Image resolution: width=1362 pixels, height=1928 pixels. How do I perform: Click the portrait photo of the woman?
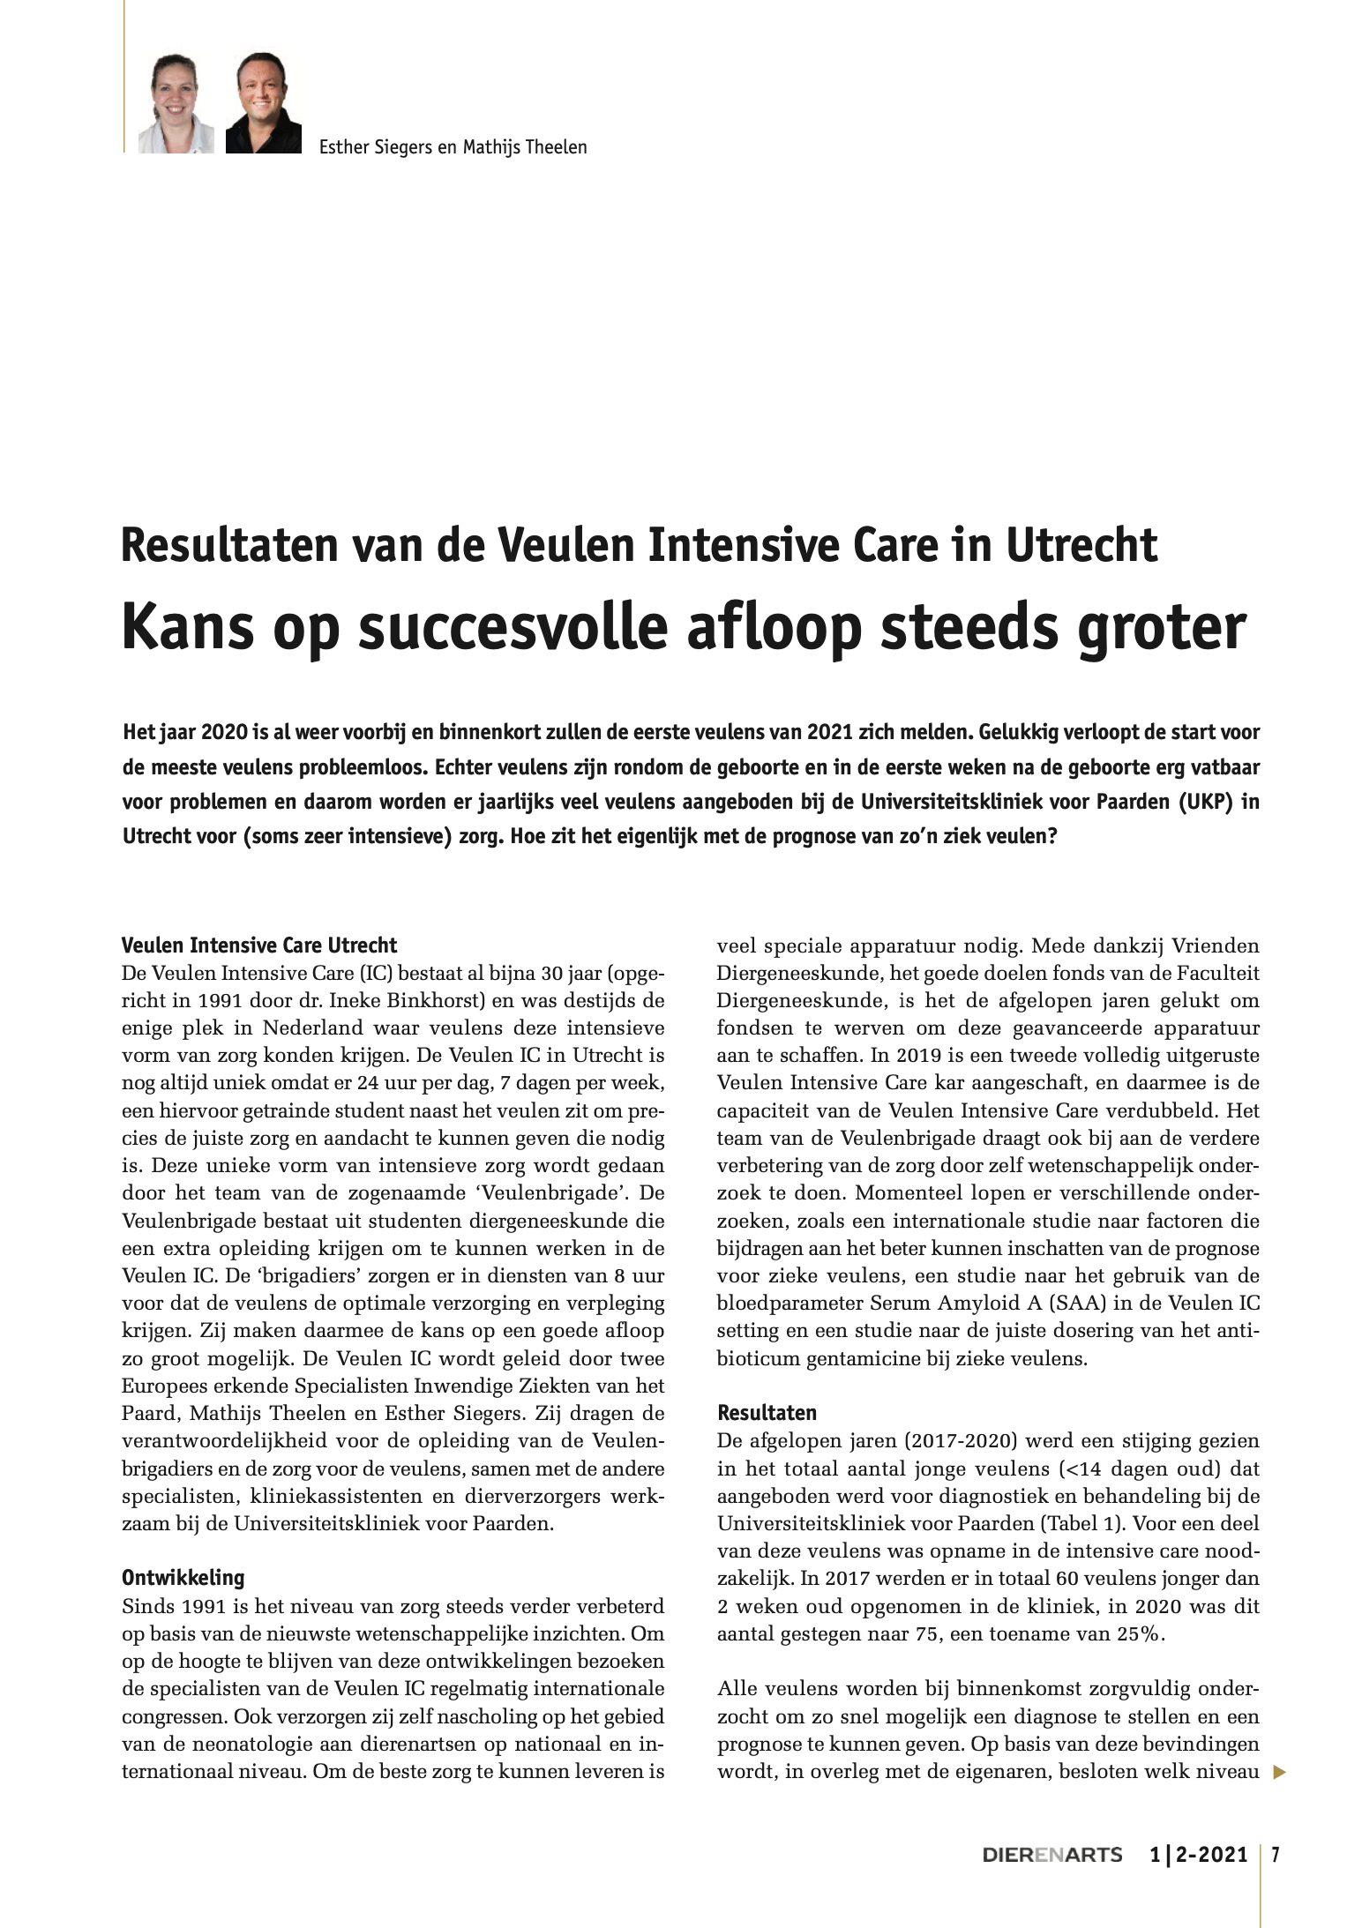tap(176, 104)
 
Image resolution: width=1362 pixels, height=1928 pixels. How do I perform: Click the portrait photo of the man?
tap(264, 104)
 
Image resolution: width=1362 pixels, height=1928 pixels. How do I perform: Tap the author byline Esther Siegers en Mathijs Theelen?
tap(453, 146)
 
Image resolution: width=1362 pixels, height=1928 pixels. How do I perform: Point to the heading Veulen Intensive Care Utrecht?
tap(259, 945)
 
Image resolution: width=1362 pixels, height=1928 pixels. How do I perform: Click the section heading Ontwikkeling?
tap(183, 1576)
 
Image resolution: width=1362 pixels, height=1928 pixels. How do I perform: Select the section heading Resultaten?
tap(767, 1412)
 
